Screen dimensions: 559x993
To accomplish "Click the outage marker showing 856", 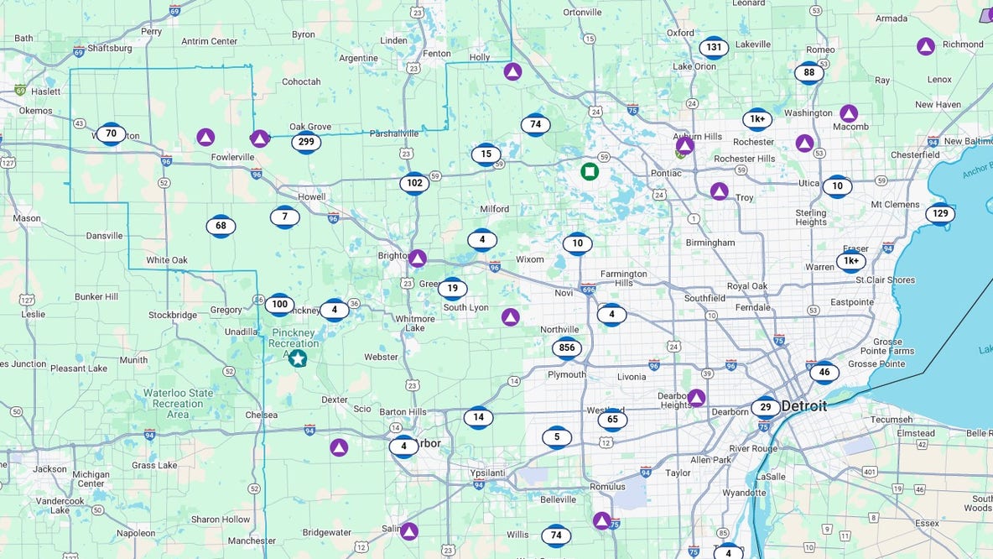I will (567, 348).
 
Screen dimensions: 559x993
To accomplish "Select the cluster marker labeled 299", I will (306, 143).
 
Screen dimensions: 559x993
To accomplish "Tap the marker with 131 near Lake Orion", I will (714, 48).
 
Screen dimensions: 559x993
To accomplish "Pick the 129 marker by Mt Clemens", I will (940, 214).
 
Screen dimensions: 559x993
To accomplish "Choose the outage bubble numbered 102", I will (414, 183).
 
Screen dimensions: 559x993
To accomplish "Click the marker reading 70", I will (111, 133).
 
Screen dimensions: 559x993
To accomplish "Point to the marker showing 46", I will (824, 372).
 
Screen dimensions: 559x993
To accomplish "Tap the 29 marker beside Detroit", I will (765, 408).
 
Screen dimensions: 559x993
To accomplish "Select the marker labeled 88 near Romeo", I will (809, 73).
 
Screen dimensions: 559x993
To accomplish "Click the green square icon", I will (590, 172).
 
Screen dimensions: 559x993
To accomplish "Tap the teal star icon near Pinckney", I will (298, 358).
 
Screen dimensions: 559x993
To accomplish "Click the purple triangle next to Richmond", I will (926, 46).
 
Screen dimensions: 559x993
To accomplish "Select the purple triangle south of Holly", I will (512, 71).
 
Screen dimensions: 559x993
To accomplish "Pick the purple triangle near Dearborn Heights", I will (696, 398).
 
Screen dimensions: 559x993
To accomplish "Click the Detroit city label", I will (803, 406).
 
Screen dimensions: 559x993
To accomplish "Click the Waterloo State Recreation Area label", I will (178, 404).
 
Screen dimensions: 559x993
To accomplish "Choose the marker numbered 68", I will (221, 226).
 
